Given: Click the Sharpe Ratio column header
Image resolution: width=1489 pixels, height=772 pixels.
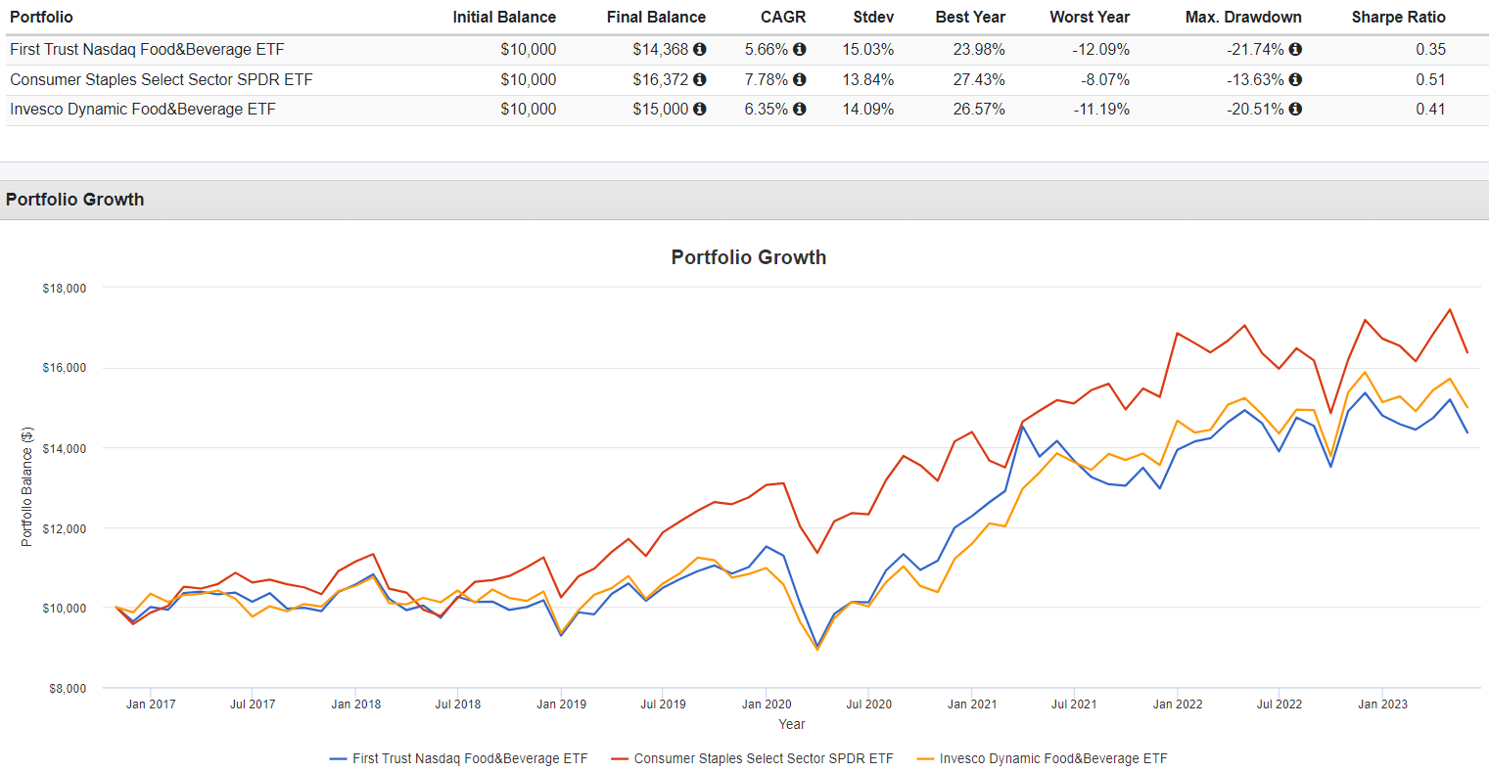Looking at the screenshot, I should coord(1398,17).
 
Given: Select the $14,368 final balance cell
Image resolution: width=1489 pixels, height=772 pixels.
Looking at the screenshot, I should coord(661,49).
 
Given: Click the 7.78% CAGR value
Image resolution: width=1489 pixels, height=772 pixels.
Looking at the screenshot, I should coord(766,79).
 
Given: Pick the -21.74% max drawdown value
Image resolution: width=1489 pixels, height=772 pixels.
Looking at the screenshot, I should coord(1255,49).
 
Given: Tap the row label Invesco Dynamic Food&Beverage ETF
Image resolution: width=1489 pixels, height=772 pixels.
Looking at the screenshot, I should coord(143,109).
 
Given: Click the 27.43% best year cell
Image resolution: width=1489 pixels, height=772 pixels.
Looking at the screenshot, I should coord(979,79).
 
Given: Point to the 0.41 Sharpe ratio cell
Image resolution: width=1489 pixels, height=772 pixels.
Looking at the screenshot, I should coord(1430,109).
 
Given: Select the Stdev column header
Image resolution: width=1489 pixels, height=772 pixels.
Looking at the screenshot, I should coord(873,17).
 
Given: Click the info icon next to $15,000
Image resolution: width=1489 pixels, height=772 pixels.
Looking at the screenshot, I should coord(700,109).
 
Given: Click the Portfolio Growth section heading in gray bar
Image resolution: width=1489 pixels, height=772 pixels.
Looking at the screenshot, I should coord(74,200).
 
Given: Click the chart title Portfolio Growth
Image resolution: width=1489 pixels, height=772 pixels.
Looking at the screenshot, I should coord(748,257).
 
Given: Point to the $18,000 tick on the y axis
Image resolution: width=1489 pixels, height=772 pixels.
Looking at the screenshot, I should coord(65,289).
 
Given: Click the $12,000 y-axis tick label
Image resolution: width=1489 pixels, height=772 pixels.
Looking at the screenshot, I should coord(65,528).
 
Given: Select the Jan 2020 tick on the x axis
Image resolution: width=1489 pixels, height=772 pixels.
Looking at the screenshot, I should coord(767,704).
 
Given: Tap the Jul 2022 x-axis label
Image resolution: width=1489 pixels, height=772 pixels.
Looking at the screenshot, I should coord(1280,704).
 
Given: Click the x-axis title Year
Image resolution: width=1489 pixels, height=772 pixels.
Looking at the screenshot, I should coord(791,724).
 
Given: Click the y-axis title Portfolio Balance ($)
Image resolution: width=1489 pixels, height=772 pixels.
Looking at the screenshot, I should coord(27,486).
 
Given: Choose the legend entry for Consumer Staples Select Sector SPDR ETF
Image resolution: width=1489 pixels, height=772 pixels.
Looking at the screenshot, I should coord(763,758).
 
